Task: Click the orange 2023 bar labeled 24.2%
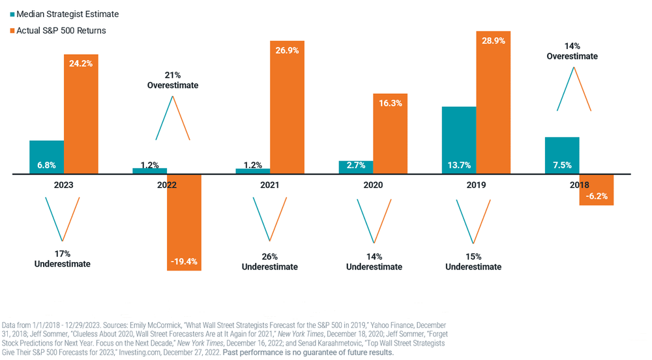click(x=81, y=114)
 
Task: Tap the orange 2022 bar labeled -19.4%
click(x=184, y=222)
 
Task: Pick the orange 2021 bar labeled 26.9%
click(x=287, y=108)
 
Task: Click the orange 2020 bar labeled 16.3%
click(x=390, y=134)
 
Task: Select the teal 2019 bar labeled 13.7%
click(x=459, y=140)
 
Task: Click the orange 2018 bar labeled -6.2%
click(x=596, y=189)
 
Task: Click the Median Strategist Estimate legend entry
click(x=62, y=14)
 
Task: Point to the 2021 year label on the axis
click(x=269, y=185)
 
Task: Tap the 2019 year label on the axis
click(x=476, y=185)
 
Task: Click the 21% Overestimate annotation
click(x=172, y=80)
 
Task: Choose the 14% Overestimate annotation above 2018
click(x=573, y=51)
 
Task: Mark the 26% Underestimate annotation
click(x=269, y=262)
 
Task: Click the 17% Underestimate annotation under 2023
click(x=62, y=259)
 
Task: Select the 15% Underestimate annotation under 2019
click(x=473, y=262)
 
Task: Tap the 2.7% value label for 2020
click(x=356, y=166)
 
